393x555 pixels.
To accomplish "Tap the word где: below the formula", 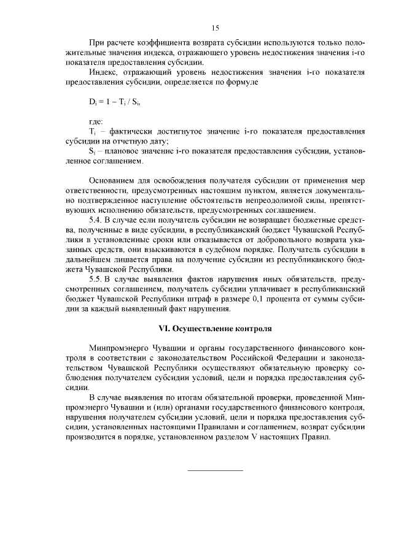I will (96, 121).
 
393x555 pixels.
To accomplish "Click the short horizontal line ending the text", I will (215, 470).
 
